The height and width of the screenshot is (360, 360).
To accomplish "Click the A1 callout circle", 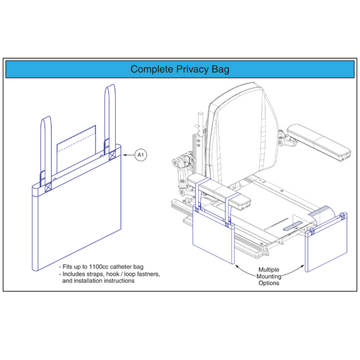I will [x=142, y=154].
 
